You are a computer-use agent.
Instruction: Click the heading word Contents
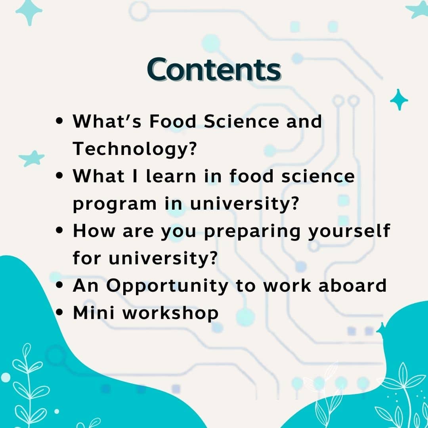[x=214, y=69]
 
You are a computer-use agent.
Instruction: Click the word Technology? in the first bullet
[x=135, y=149]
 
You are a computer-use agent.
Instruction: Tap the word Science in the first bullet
[x=241, y=121]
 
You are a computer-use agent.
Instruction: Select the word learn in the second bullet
[x=171, y=176]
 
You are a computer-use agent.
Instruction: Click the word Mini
[x=94, y=313]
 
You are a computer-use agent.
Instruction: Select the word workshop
[x=170, y=313]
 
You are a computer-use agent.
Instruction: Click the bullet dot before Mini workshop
[x=59, y=312]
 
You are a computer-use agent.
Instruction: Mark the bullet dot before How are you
[x=59, y=230]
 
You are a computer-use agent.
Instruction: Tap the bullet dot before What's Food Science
[x=59, y=120]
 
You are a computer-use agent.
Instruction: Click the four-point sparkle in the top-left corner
[x=29, y=11]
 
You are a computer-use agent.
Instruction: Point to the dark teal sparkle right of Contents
[x=399, y=99]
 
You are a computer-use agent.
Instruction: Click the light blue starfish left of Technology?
[x=32, y=158]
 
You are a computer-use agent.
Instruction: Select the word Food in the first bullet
[x=173, y=121]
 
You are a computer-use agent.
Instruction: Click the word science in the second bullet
[x=318, y=176]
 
